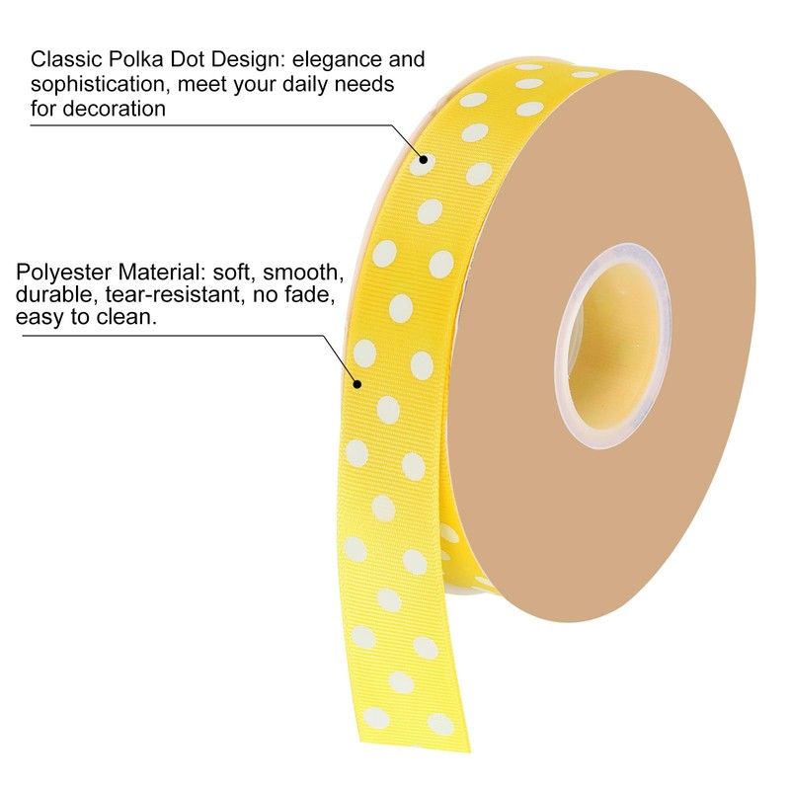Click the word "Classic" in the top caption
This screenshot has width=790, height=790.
[x=63, y=60]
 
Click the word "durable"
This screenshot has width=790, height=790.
[x=50, y=295]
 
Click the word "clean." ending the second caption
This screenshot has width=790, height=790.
[x=128, y=319]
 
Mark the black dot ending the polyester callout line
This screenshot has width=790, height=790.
[x=357, y=384]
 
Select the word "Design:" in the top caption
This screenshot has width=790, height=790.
[x=242, y=60]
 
